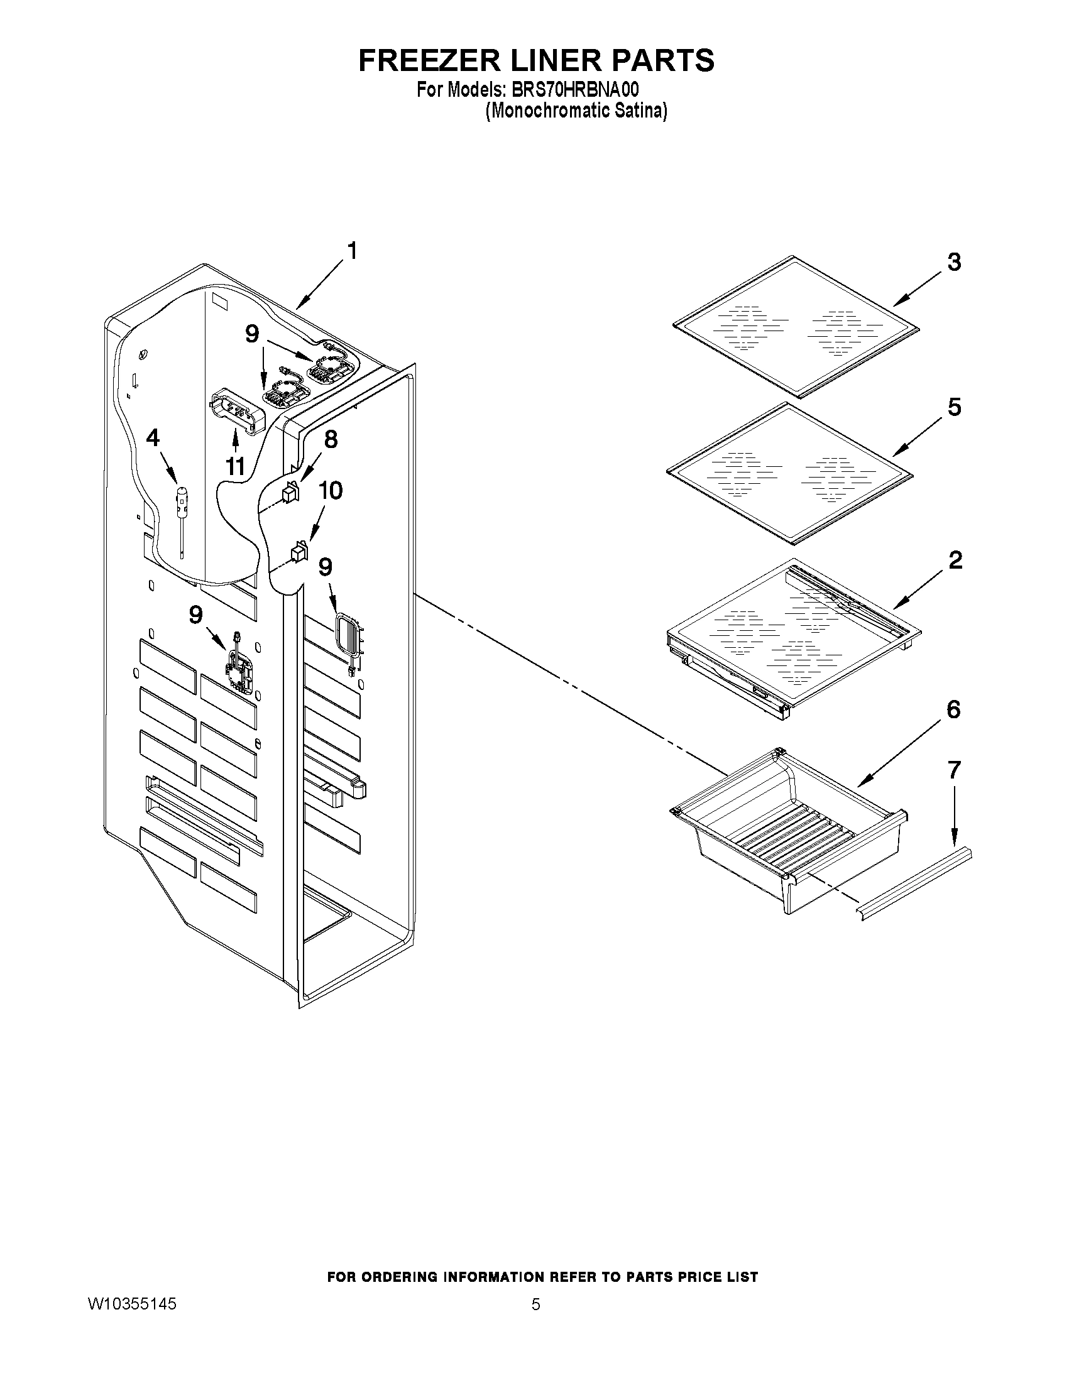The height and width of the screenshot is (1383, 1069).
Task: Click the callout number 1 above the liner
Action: click(353, 251)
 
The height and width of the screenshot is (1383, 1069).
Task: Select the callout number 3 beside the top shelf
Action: click(954, 262)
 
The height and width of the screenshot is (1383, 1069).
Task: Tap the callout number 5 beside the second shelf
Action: click(955, 407)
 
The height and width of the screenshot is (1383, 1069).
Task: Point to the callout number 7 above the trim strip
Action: click(955, 770)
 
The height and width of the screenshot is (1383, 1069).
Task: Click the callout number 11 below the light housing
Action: click(235, 467)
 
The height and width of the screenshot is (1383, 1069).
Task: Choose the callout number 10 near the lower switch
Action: click(330, 490)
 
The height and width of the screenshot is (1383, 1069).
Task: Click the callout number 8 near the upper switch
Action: click(331, 439)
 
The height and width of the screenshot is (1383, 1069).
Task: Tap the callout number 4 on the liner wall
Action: click(153, 437)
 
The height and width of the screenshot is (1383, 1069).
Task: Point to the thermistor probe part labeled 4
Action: click(183, 506)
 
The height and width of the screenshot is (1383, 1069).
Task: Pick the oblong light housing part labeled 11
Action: click(236, 412)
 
